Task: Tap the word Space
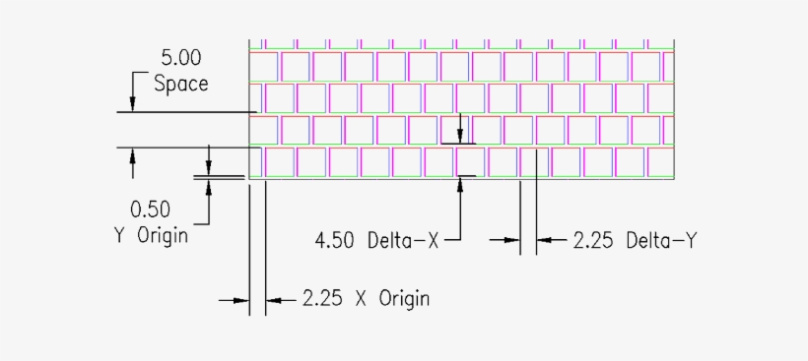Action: click(181, 84)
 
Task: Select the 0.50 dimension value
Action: click(150, 209)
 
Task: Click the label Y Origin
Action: click(150, 236)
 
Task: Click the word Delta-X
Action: click(403, 239)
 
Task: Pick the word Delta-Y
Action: click(661, 239)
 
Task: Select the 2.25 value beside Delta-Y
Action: click(593, 239)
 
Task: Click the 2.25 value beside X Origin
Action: click(323, 298)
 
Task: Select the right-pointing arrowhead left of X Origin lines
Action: click(241, 298)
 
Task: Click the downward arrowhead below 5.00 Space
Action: click(133, 105)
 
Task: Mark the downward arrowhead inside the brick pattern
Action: click(460, 136)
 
